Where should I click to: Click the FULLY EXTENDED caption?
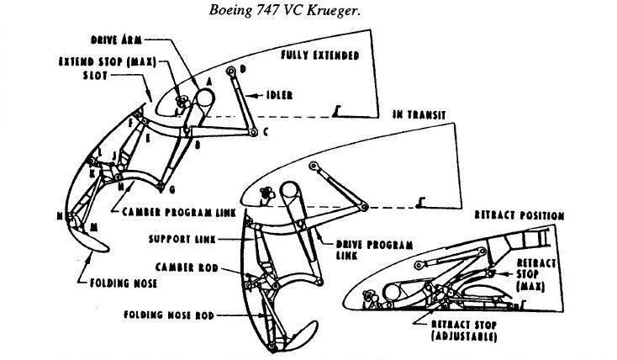pyautogui.click(x=319, y=56)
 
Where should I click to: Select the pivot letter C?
pyautogui.click(x=265, y=132)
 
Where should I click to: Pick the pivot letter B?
pyautogui.click(x=198, y=145)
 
